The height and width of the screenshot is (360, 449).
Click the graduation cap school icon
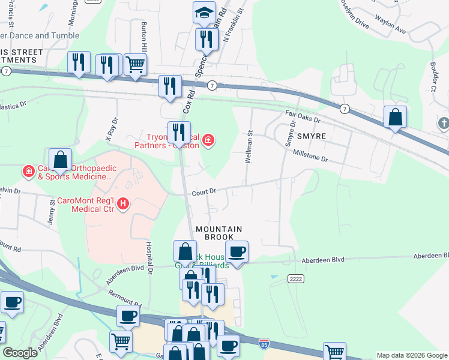[x=204, y=12]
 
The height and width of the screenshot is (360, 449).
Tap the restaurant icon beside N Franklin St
[x=204, y=39]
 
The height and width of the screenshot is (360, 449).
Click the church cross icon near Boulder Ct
[x=444, y=124]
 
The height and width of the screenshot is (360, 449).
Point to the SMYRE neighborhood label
[x=311, y=136]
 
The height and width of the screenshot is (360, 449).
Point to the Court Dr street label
[x=203, y=193]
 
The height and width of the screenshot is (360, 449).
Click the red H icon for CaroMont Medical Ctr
[x=123, y=204]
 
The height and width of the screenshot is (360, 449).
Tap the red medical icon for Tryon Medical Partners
[x=208, y=140]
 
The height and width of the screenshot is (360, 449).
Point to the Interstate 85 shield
[x=264, y=343]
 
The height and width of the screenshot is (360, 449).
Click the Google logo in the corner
[x=19, y=352]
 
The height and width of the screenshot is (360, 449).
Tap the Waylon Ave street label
[x=391, y=23]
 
